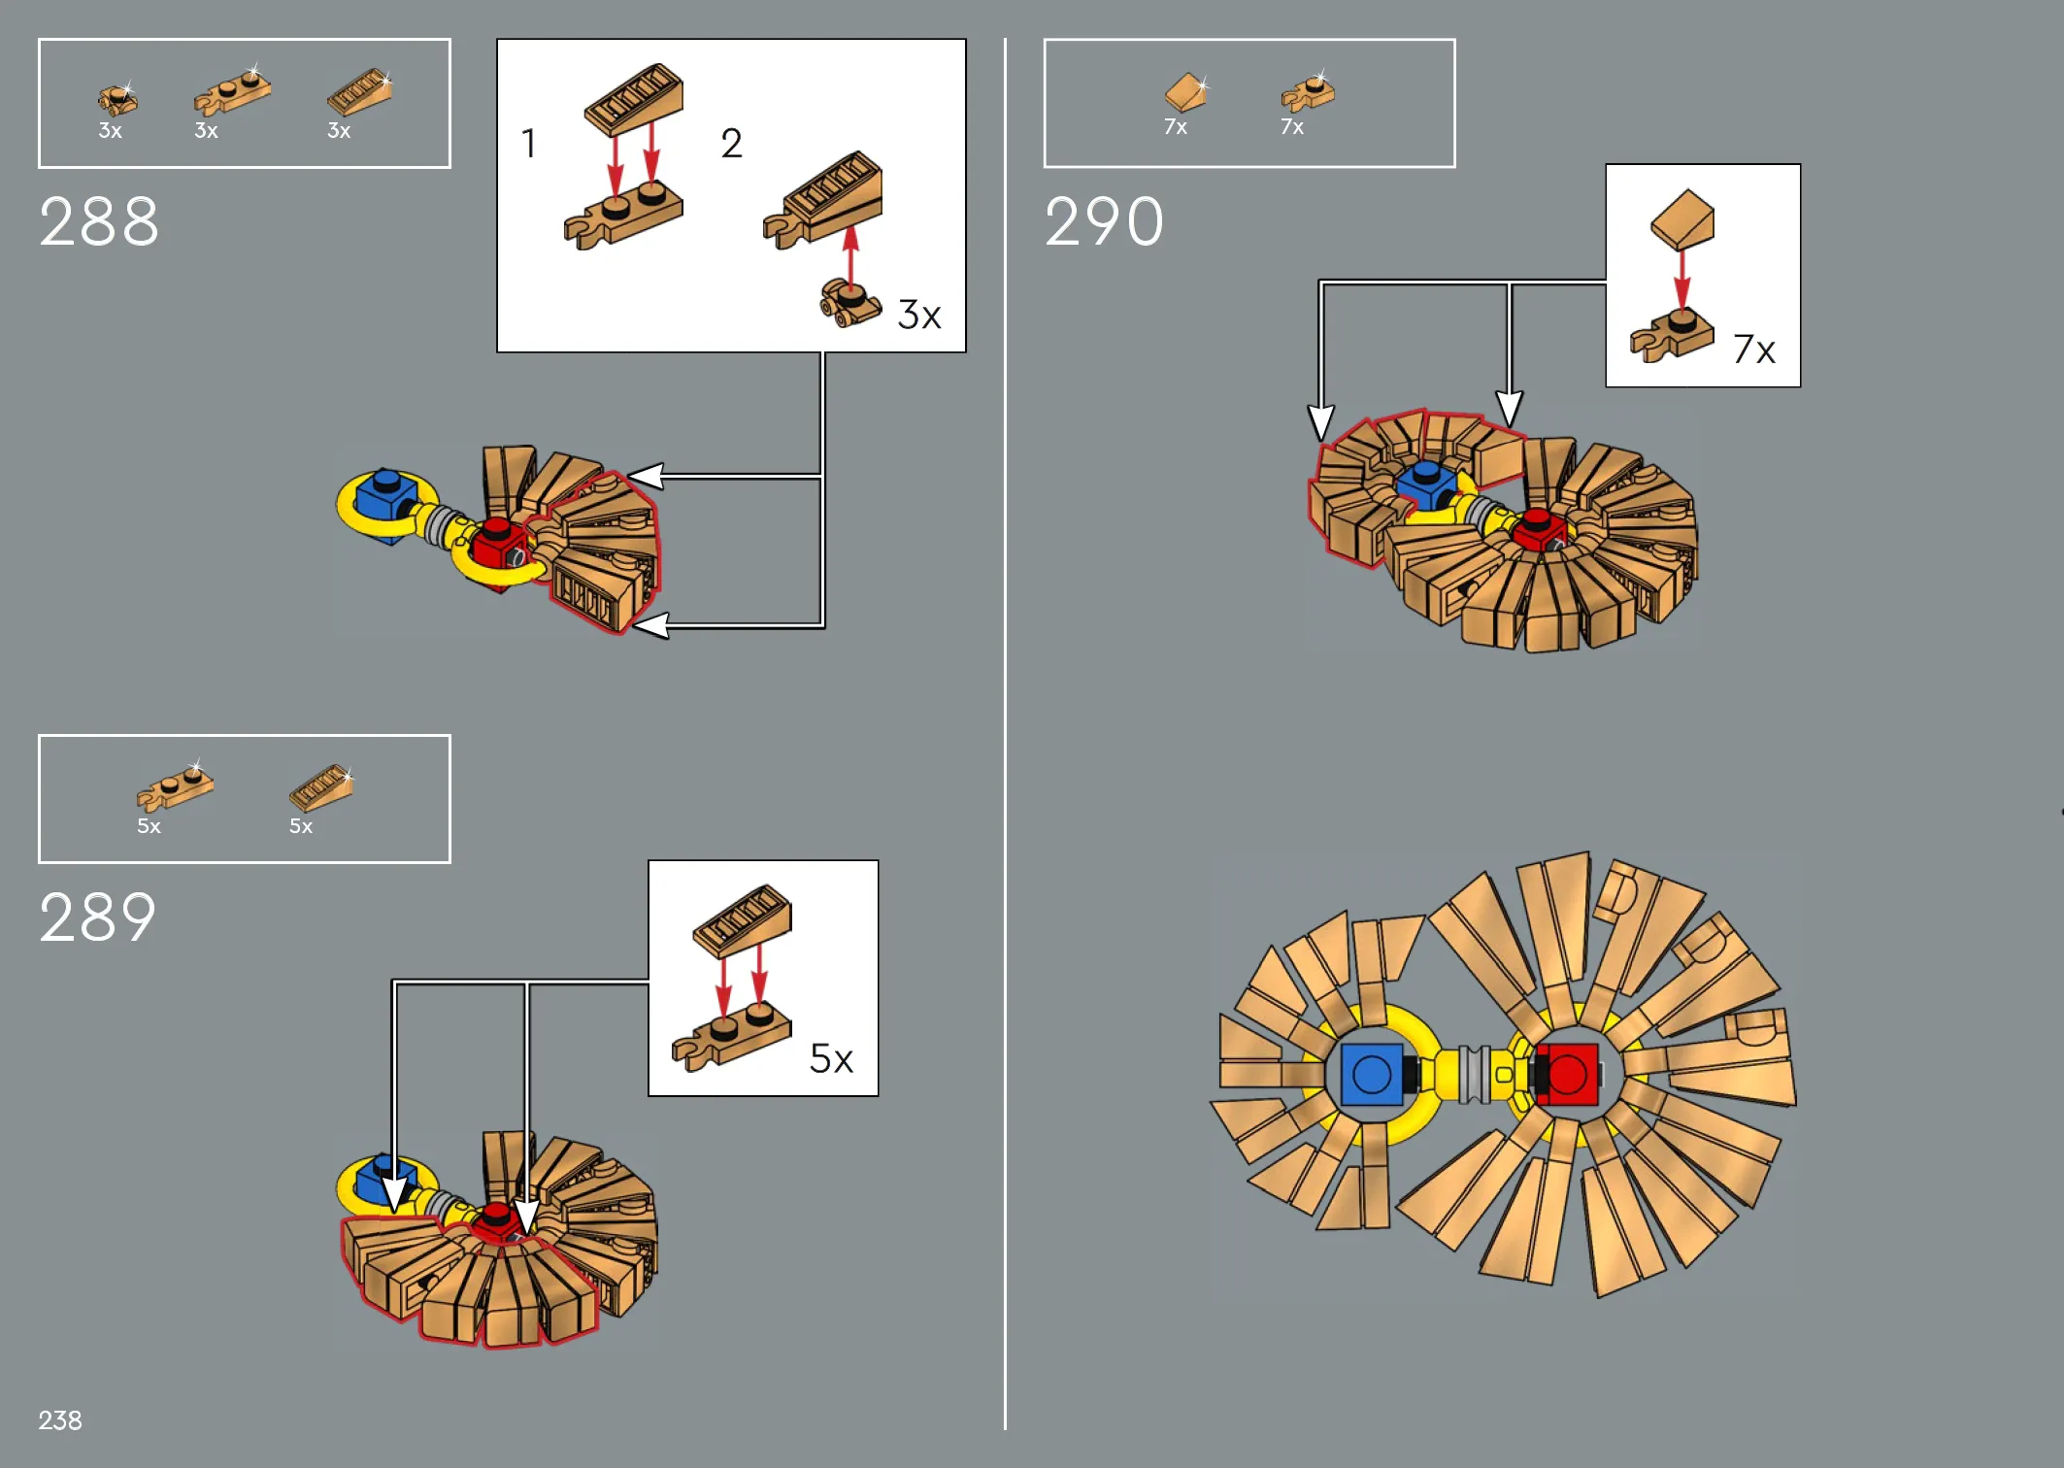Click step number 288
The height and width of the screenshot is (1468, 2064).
click(x=99, y=221)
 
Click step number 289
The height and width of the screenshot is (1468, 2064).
click(x=98, y=917)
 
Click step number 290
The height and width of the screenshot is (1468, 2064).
click(x=1104, y=221)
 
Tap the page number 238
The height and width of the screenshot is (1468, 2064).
click(x=60, y=1420)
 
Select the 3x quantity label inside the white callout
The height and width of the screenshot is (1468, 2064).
click(x=919, y=315)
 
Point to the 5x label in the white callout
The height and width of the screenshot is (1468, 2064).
click(x=832, y=1058)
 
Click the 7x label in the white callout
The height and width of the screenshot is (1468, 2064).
click(x=1754, y=349)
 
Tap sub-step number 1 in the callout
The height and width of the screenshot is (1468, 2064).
click(x=528, y=143)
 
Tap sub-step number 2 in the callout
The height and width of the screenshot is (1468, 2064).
click(x=732, y=143)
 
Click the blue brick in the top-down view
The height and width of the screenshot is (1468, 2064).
click(x=1371, y=1074)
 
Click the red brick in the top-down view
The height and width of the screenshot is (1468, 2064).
click(x=1566, y=1074)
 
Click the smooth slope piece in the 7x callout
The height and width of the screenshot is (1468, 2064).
click(x=1682, y=219)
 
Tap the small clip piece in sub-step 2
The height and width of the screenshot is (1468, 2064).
click(x=849, y=303)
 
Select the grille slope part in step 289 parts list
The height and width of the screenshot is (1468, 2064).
click(x=321, y=787)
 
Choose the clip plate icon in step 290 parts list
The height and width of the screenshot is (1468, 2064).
click(x=1308, y=93)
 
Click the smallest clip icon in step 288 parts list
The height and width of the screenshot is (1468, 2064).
click(x=117, y=98)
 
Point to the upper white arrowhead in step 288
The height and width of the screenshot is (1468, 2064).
click(x=646, y=476)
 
